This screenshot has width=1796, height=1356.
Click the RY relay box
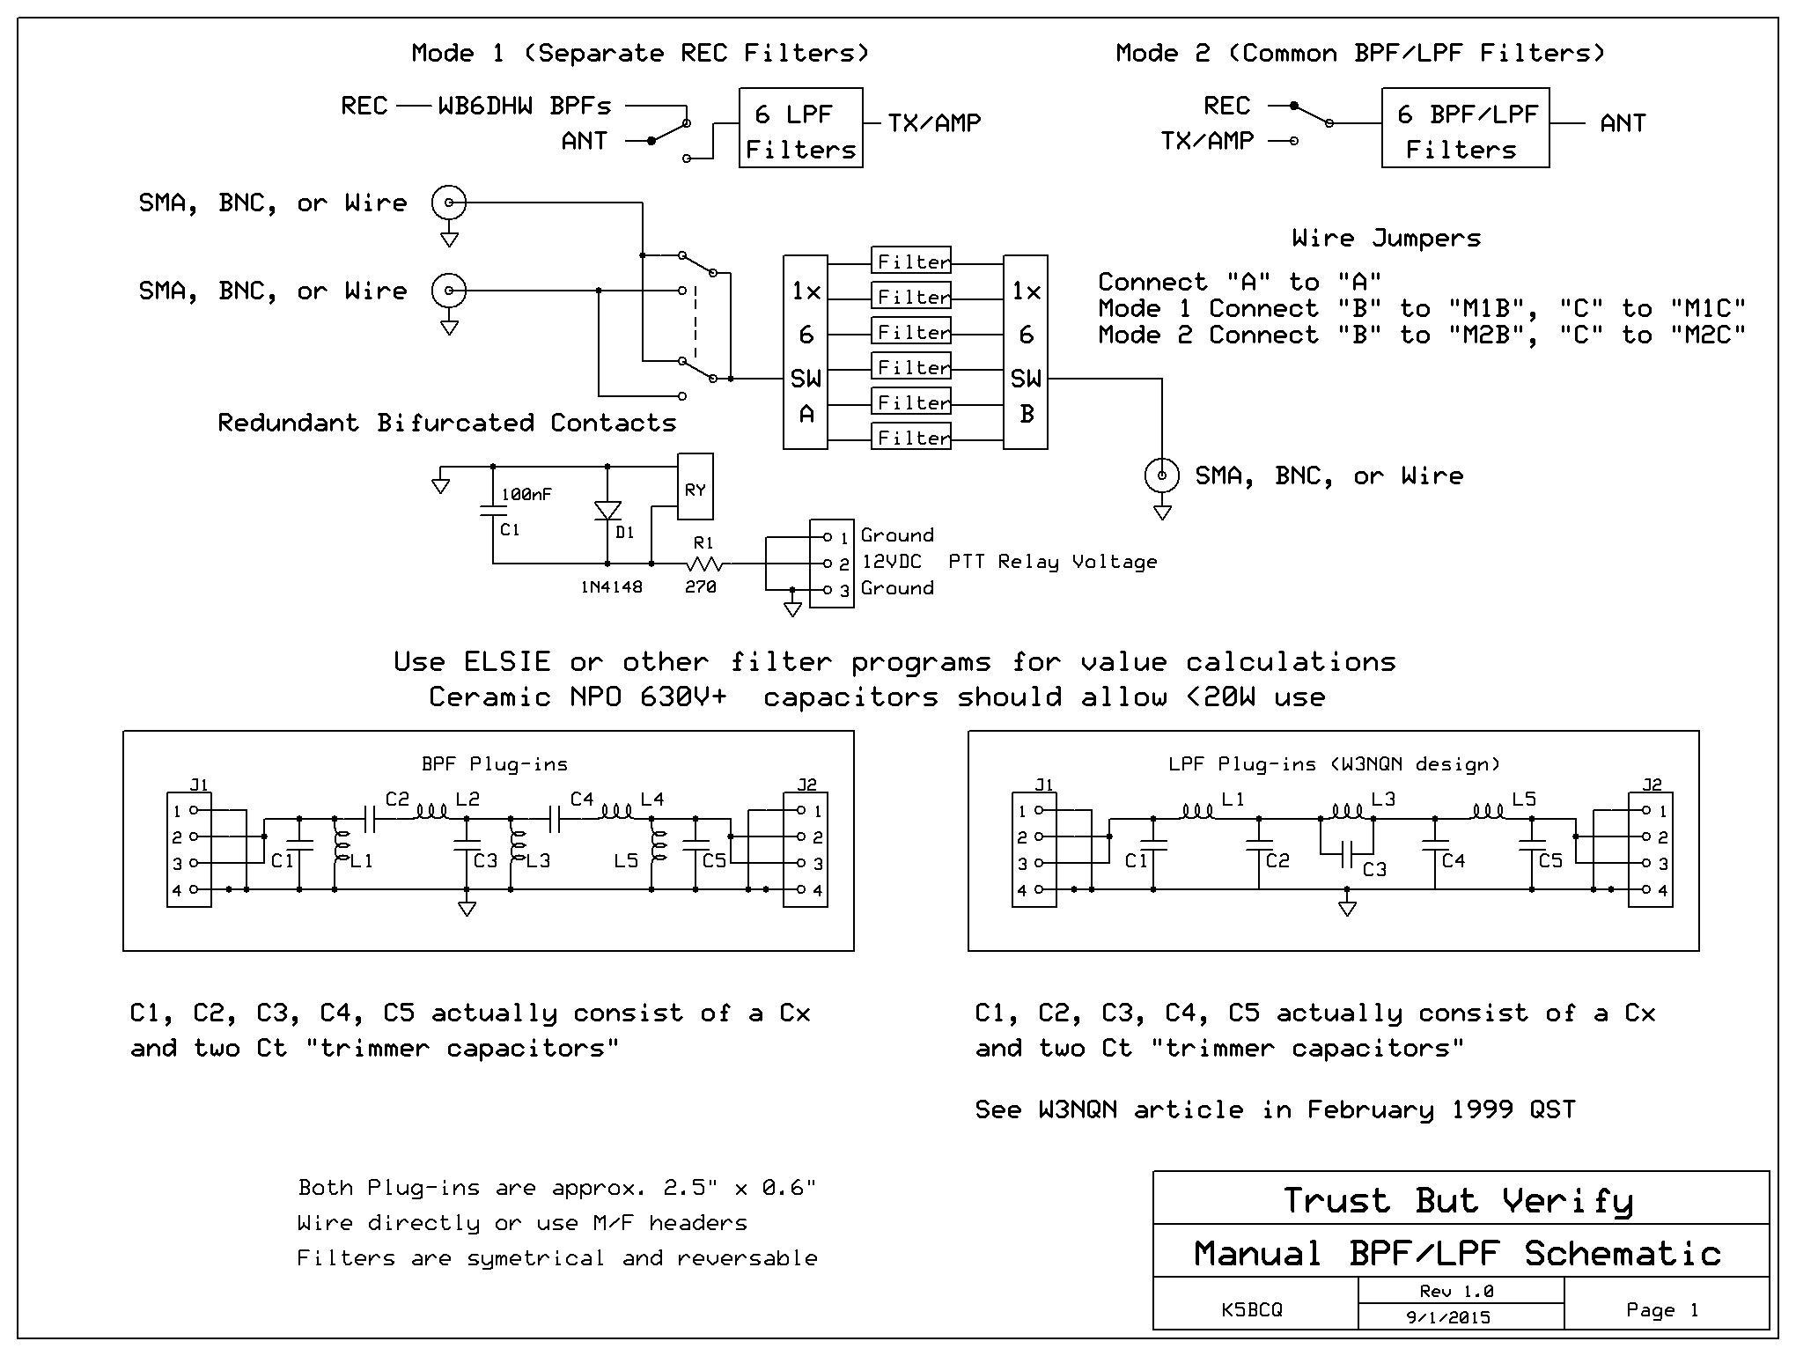695,487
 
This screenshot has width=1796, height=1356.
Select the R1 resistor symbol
704,564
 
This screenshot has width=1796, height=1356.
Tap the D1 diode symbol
607,512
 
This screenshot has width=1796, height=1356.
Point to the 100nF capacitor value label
526,495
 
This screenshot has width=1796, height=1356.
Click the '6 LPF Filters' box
800,129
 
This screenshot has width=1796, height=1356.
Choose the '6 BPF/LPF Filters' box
1465,129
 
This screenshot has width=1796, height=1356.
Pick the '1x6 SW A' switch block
806,352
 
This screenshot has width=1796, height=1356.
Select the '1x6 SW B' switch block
1026,352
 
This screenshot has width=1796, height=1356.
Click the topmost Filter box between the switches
911,261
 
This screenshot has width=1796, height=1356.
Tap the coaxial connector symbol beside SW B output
1162,476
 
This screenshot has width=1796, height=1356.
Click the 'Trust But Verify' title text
1458,1200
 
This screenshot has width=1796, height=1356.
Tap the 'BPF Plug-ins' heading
494,764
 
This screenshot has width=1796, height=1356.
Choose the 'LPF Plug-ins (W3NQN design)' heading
1334,764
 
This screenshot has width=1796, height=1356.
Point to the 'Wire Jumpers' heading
1387,239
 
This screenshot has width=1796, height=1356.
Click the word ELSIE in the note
507,662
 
